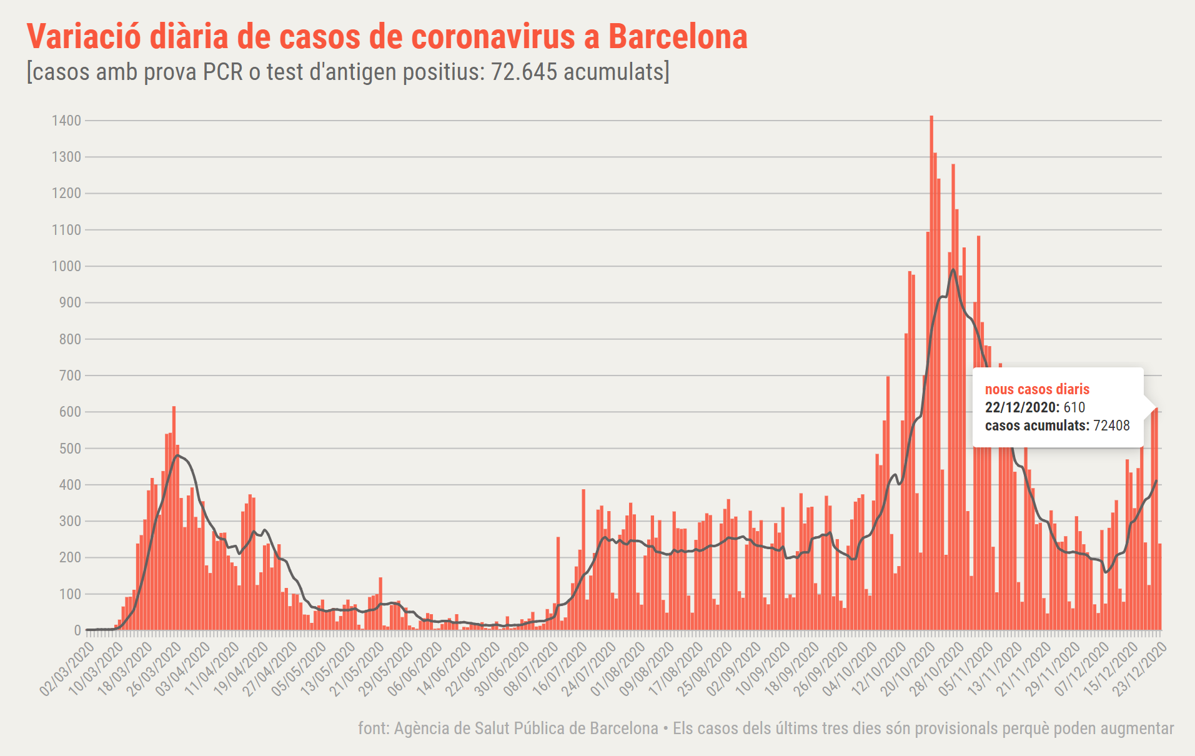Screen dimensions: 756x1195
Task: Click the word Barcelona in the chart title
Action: (x=678, y=36)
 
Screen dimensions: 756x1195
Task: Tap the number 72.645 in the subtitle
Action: (x=523, y=72)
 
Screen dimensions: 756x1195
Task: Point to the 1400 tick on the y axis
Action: (x=67, y=121)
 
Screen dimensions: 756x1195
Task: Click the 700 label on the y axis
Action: (x=70, y=376)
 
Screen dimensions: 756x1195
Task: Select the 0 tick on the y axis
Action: (x=77, y=630)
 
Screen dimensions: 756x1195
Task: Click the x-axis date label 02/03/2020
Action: (x=66, y=669)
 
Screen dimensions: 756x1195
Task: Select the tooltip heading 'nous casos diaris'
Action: (x=1037, y=389)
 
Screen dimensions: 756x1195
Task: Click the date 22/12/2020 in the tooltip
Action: (x=1022, y=407)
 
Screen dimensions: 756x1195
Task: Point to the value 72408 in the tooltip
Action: (x=1111, y=425)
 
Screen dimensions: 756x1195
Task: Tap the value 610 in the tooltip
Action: (x=1074, y=407)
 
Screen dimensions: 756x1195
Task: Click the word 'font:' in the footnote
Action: (x=374, y=729)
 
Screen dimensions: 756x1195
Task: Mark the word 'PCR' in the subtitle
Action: (x=223, y=72)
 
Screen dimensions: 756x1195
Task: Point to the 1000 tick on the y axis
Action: (x=67, y=266)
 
